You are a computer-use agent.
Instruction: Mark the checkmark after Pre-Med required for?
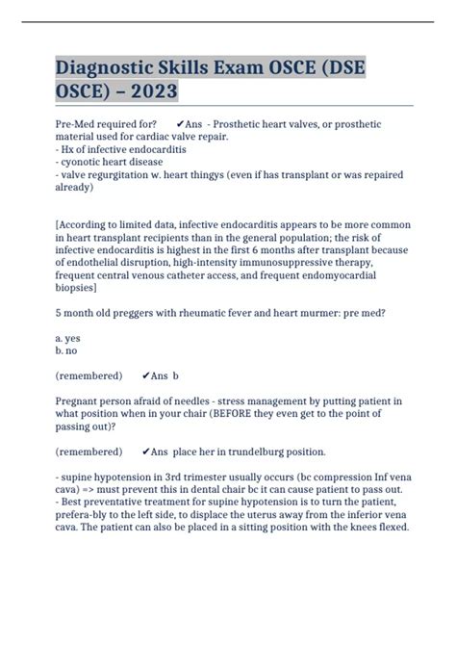pos(182,124)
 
